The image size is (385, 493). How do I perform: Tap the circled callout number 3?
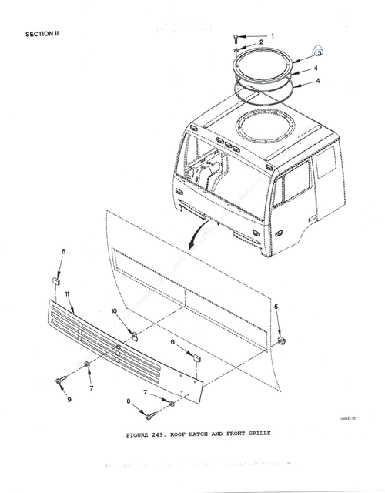pyautogui.click(x=319, y=53)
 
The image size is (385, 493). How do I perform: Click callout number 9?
pyautogui.click(x=69, y=399)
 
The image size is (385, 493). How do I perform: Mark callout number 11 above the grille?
pyautogui.click(x=68, y=294)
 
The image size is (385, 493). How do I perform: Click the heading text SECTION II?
pyautogui.click(x=43, y=34)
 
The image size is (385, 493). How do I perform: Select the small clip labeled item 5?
pyautogui.click(x=282, y=337)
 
